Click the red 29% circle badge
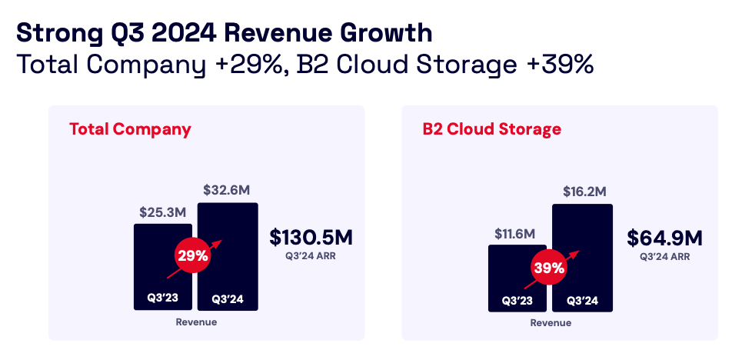tap(193, 256)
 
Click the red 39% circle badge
tap(549, 268)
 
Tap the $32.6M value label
tap(227, 189)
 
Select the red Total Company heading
tap(130, 128)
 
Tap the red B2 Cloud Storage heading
tap(491, 128)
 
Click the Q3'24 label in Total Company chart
tap(228, 298)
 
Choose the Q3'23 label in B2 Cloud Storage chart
tap(517, 300)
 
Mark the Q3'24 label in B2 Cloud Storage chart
tap(582, 300)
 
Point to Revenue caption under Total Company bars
tap(196, 322)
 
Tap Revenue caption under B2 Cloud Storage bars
tap(551, 323)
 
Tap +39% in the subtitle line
tap(560, 65)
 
